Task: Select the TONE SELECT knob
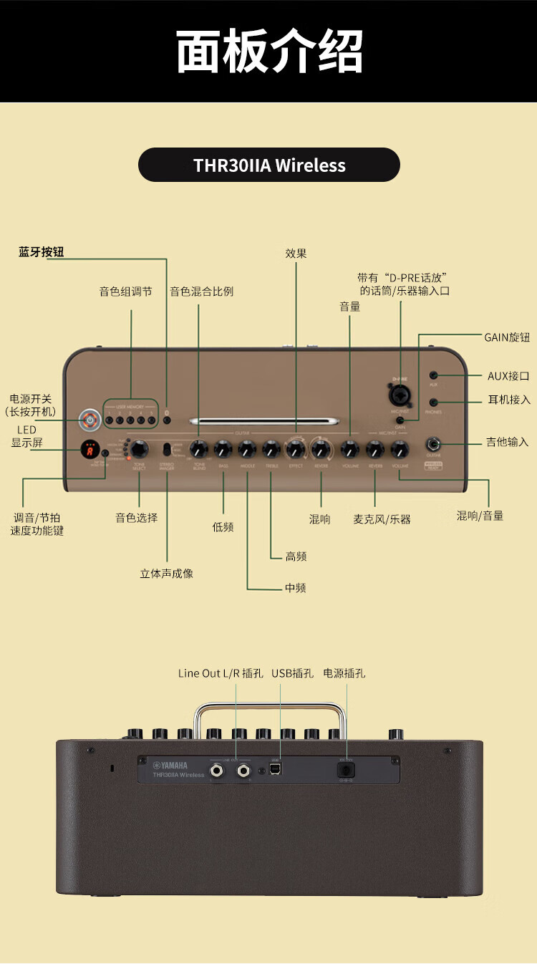[140, 449]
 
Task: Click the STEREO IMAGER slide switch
[167, 450]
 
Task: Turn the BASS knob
[223, 450]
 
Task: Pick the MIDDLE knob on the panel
[247, 450]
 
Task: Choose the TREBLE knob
[271, 450]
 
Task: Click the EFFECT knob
[296, 450]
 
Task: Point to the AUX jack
[434, 375]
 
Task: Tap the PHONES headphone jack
[434, 403]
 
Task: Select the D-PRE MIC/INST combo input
[400, 395]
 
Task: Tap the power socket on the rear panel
[347, 770]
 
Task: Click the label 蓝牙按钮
[42, 252]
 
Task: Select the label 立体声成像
[166, 573]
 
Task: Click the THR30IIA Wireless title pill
[269, 165]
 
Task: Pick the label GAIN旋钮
[507, 337]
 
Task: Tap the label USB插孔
[292, 673]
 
